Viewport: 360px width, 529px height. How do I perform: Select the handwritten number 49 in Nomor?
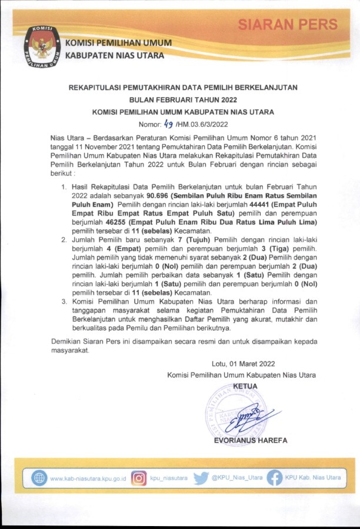point(167,124)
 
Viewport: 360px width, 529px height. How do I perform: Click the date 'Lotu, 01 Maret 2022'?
point(243,364)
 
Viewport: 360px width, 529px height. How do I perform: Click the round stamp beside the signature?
point(227,412)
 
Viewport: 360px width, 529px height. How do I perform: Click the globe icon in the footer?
point(39,478)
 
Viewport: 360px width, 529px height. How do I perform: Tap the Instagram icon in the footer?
point(138,478)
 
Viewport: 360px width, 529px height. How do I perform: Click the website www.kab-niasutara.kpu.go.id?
point(88,478)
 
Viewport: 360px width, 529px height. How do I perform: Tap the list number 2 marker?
point(64,239)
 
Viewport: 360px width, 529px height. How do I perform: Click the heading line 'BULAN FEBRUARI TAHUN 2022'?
point(183,99)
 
